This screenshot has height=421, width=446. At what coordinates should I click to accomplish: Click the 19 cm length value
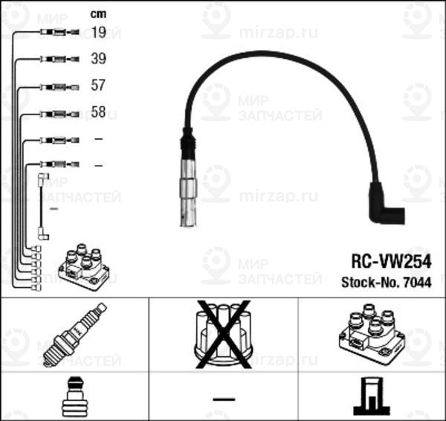(x=98, y=33)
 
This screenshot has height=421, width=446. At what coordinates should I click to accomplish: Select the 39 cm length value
(x=98, y=59)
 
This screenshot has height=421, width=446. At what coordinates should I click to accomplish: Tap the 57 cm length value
(x=98, y=86)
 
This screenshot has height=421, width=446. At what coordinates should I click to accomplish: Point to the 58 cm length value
(x=98, y=113)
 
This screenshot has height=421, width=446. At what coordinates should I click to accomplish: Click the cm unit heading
(x=97, y=13)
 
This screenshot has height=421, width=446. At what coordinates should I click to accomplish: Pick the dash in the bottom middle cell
(x=223, y=399)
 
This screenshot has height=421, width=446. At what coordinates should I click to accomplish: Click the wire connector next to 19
(x=58, y=33)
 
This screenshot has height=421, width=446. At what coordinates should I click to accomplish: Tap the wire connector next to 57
(x=58, y=86)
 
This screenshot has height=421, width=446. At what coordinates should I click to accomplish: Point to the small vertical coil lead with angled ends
(x=42, y=207)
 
